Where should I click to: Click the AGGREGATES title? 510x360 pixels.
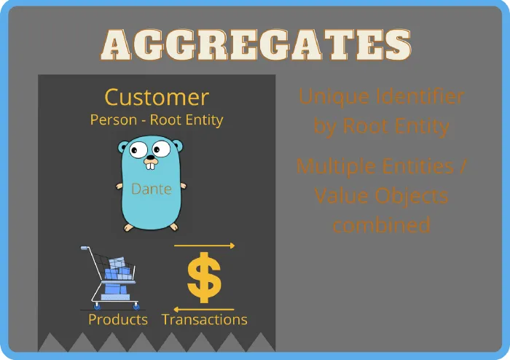254,45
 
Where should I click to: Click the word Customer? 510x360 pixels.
157,97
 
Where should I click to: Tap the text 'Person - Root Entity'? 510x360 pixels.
157,120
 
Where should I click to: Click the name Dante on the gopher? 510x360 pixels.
151,189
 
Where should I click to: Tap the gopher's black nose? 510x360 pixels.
150,157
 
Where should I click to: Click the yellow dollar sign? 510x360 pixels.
204,278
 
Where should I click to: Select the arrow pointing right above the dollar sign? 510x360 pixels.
204,246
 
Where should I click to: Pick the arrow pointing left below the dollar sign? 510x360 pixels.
204,310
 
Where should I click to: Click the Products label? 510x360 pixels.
118,320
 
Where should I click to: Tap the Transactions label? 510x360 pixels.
204,320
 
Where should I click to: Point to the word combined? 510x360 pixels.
381,224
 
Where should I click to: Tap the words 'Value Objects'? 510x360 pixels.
381,195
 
